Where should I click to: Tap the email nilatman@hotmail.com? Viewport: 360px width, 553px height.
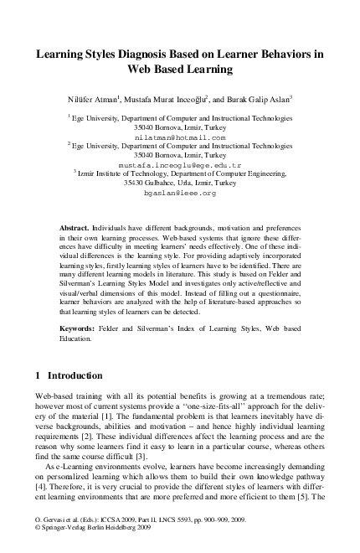(x=180, y=137)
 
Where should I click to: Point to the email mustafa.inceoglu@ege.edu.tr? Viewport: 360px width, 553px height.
(x=180, y=165)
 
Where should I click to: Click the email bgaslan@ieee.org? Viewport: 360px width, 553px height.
(x=180, y=193)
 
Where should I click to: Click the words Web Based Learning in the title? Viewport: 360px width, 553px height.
(x=180, y=70)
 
